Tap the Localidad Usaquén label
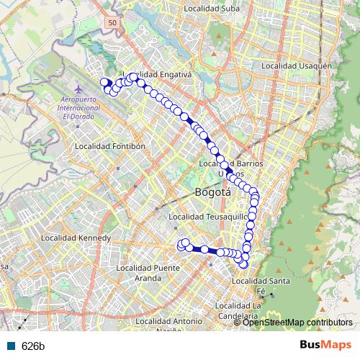coord(295,66)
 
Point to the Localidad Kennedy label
coord(76,238)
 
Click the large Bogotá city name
coord(213,192)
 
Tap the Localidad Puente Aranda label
coord(157,272)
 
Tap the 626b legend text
coord(33,346)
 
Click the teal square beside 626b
coord(13,346)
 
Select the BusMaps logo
coord(325,345)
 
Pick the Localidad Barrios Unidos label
coord(230,168)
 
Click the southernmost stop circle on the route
coord(243,264)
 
